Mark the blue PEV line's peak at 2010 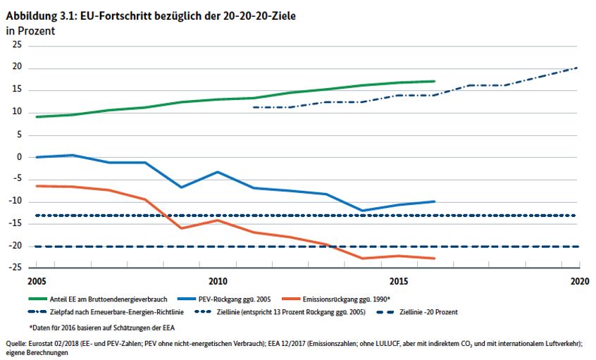217,172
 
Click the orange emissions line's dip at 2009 181,228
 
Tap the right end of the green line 434,81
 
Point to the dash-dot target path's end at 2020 578,68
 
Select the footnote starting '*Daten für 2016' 103,328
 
